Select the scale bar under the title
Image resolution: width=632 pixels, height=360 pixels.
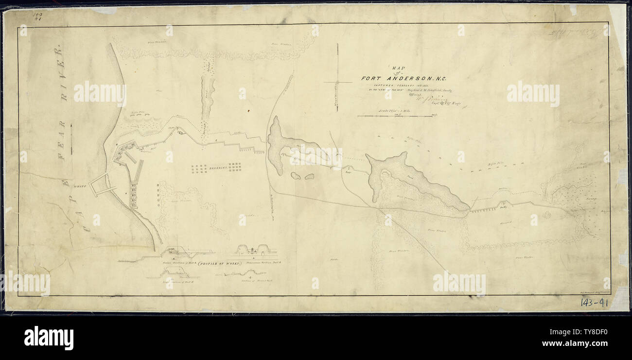tap(396, 116)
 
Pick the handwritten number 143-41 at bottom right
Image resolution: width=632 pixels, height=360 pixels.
tap(595, 303)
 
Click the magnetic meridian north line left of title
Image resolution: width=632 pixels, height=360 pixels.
tap(337, 78)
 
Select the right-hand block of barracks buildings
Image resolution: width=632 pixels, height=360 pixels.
tap(235, 168)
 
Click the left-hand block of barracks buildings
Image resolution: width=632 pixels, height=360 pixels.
tap(199, 169)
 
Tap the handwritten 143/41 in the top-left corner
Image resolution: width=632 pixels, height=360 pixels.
tap(37, 17)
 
